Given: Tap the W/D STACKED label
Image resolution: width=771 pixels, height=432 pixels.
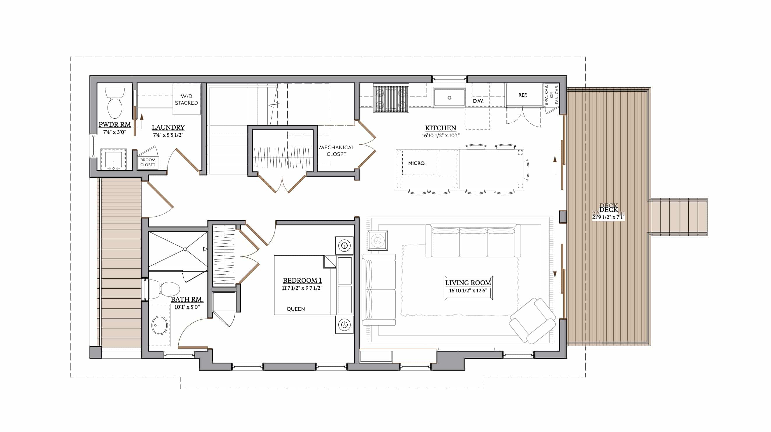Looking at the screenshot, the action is tap(186, 99).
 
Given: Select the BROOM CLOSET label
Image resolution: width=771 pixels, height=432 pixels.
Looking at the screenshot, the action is tap(148, 162).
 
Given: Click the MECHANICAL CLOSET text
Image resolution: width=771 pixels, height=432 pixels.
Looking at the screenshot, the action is tap(337, 151).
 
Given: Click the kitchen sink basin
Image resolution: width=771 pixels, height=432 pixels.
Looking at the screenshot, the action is tap(449, 97).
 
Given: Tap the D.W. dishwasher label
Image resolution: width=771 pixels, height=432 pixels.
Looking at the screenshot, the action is tap(478, 101).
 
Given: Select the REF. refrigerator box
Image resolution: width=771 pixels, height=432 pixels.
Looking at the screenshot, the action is tap(524, 95).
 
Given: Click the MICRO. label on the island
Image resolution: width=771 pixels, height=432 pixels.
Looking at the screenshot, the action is tap(417, 163).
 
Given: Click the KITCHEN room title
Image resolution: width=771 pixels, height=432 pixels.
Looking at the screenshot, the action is tap(441, 128).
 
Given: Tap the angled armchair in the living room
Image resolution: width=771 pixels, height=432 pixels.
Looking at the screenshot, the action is tap(532, 320).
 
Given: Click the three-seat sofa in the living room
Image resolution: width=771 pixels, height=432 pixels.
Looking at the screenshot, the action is tap(473, 241).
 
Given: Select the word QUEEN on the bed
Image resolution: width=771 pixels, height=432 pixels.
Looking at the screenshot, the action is tap(296, 309).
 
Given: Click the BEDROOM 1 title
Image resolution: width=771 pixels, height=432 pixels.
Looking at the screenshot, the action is tap(302, 280).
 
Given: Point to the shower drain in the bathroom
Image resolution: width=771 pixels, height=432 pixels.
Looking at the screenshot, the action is tap(185, 249).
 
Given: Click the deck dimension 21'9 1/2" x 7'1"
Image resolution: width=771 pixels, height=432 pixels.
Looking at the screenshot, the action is tap(608, 217).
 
